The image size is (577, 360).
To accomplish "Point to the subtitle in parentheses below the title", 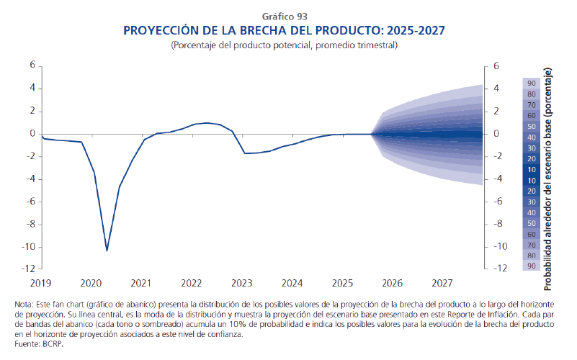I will pyautogui.click(x=288, y=45).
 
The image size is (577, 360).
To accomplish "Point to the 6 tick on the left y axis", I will pyautogui.click(x=32, y=66).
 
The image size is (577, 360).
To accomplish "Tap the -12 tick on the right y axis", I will pyautogui.click(x=496, y=269).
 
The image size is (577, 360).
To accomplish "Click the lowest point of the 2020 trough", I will pyautogui.click(x=107, y=251).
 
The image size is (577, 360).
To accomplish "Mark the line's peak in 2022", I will pyautogui.click(x=207, y=123).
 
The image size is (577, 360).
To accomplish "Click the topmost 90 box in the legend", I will pyautogui.click(x=531, y=84).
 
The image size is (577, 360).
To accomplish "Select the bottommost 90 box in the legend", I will pyautogui.click(x=531, y=266).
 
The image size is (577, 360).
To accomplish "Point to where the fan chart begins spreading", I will pyautogui.click(x=372, y=134).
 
